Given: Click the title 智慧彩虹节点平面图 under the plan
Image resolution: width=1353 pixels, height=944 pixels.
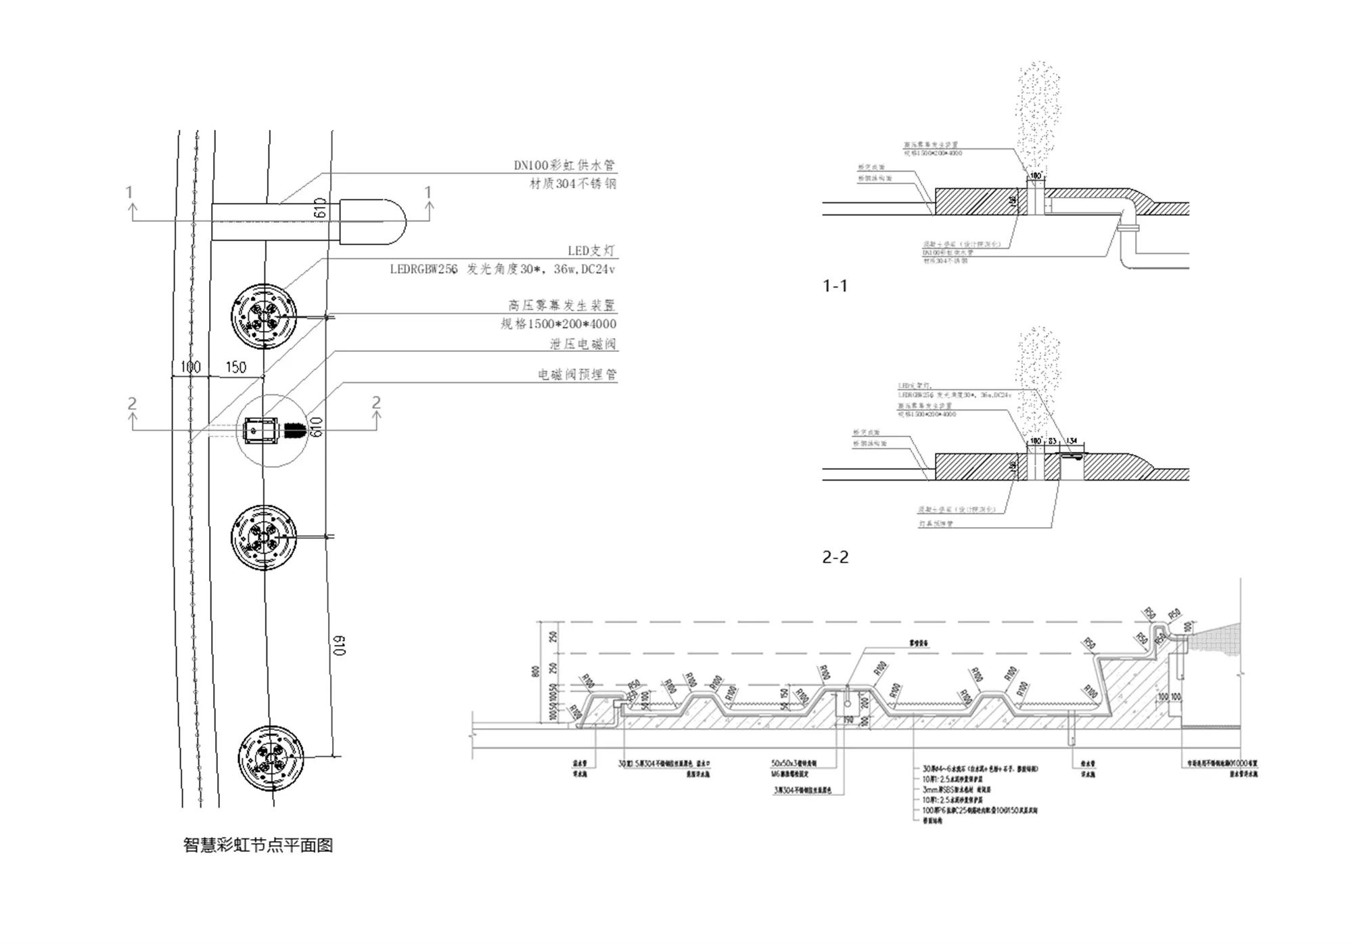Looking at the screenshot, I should click(258, 845).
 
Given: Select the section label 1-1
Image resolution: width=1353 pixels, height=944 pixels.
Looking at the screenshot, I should click(835, 286).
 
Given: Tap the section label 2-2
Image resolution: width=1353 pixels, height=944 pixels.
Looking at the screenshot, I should click(835, 557).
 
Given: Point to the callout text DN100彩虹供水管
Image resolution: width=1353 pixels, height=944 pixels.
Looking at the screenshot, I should click(564, 165).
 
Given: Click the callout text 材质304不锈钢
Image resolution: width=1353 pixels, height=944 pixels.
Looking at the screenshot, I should click(572, 183).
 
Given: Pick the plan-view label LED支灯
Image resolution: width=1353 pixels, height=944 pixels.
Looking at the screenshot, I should click(591, 250).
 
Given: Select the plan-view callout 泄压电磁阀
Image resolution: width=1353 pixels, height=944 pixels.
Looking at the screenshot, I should click(582, 344).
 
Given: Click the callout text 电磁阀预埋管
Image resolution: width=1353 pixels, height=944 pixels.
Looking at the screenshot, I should click(577, 374).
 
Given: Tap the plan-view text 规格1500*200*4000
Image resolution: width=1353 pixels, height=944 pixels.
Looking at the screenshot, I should click(558, 324).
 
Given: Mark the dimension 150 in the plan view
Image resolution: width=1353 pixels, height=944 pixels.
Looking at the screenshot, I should click(235, 367).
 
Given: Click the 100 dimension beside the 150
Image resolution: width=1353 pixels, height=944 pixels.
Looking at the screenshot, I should click(190, 367).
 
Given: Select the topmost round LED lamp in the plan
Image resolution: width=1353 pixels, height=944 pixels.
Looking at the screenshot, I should click(264, 316).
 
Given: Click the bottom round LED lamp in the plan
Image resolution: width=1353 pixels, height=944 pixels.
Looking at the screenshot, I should click(271, 758).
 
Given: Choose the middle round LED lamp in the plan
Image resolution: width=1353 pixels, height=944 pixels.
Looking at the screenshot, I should click(264, 537).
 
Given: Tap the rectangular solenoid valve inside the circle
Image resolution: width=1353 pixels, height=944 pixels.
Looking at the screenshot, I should click(260, 430).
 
